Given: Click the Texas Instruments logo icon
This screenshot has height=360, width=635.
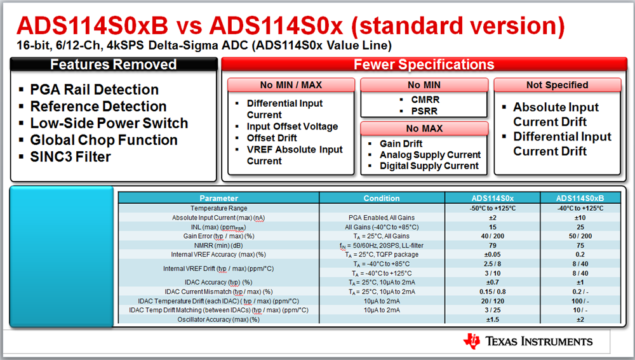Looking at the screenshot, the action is point(472,341).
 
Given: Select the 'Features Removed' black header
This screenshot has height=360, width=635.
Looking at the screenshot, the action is point(114,64).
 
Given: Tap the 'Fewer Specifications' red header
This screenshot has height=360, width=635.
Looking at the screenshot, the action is point(424,64).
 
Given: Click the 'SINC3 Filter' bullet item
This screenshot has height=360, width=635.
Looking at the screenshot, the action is point(70,157).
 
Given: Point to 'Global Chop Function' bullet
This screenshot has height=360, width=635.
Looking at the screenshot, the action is point(104,140).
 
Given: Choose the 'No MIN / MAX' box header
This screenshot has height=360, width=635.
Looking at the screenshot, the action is point(291,85).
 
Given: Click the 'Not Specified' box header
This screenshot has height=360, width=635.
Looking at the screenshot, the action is point(558,85).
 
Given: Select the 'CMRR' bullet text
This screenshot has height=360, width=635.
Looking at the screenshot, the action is point(425,100).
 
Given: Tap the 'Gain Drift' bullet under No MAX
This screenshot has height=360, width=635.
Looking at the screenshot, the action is point(401,143).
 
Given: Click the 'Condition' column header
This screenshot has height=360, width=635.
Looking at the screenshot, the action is point(382,198).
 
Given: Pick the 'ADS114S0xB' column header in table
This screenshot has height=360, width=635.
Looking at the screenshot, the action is point(580,198).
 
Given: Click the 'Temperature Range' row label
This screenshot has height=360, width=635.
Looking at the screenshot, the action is point(218,208).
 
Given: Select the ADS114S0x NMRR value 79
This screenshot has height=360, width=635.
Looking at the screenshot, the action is point(493,246).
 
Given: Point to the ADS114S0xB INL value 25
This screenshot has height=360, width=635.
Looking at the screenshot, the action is point(580,227).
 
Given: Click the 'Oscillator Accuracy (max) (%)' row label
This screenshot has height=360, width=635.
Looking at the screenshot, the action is point(218,319).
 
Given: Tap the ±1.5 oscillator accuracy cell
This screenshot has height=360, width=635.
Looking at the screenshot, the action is point(493,319).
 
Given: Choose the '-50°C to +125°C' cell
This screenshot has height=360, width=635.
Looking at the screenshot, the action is point(493,208).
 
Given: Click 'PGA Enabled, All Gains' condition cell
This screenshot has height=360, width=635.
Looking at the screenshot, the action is point(382,218).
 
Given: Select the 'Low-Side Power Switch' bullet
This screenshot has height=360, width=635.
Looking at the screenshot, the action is point(109,123).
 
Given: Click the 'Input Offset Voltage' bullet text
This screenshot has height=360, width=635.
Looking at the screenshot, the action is point(292,127).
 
